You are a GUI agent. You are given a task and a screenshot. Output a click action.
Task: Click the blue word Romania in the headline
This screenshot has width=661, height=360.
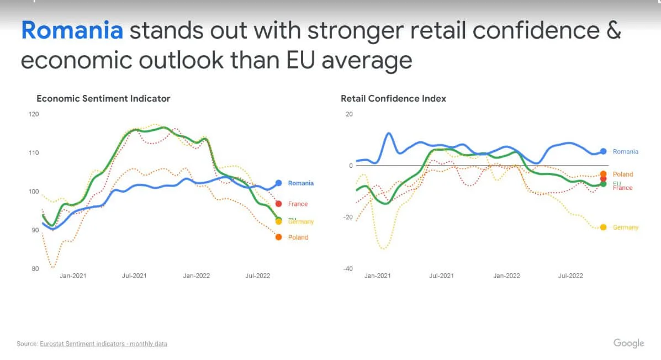coord(72,31)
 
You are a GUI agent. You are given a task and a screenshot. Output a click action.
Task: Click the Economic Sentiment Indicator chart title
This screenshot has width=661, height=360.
coord(103,99)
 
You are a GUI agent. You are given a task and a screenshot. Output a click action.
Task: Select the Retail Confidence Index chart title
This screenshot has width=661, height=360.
coord(393,99)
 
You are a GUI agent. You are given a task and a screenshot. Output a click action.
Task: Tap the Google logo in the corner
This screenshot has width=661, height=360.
coord(628,343)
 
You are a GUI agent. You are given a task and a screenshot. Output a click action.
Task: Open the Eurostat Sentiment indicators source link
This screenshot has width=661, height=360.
coord(103,344)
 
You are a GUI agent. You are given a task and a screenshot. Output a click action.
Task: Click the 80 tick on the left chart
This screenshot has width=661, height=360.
coord(35,269)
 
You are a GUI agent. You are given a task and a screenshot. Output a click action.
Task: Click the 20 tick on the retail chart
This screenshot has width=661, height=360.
coord(348,114)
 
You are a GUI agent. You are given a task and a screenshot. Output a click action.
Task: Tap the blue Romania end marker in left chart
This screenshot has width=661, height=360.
coord(279,183)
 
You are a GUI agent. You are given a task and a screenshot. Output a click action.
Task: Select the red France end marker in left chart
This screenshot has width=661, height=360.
coord(279,204)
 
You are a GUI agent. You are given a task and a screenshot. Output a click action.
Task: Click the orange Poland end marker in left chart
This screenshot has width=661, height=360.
coord(278,237)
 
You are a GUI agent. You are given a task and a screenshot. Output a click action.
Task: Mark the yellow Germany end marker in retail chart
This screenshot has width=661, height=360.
coord(603,227)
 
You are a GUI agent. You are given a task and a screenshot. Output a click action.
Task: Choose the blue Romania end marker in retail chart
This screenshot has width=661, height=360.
coord(604,151)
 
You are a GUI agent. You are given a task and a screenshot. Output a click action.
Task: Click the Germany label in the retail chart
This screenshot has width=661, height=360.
coord(626,227)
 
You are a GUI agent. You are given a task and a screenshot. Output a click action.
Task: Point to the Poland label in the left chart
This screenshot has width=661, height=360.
coord(298,237)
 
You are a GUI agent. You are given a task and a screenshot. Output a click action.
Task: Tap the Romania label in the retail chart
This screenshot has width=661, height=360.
coord(626,152)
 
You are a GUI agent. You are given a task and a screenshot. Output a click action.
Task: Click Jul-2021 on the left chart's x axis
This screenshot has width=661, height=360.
coord(134,276)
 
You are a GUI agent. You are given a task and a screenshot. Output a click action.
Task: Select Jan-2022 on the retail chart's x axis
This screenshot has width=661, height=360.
coord(506,276)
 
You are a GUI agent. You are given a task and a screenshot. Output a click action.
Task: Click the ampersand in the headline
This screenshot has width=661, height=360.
coord(614,31)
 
